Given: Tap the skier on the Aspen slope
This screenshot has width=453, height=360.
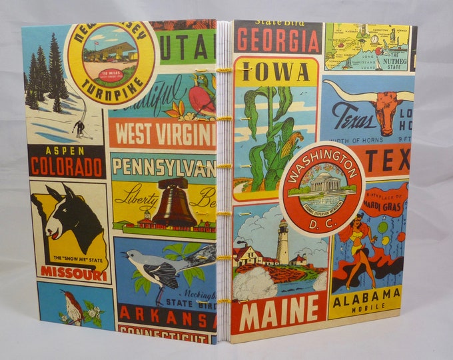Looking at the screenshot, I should [79, 127].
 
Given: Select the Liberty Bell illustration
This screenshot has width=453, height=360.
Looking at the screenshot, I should [174, 203].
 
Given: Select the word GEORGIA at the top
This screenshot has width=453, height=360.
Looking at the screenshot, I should [277, 41].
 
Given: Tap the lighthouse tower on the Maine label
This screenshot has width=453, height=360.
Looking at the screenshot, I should [282, 241].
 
